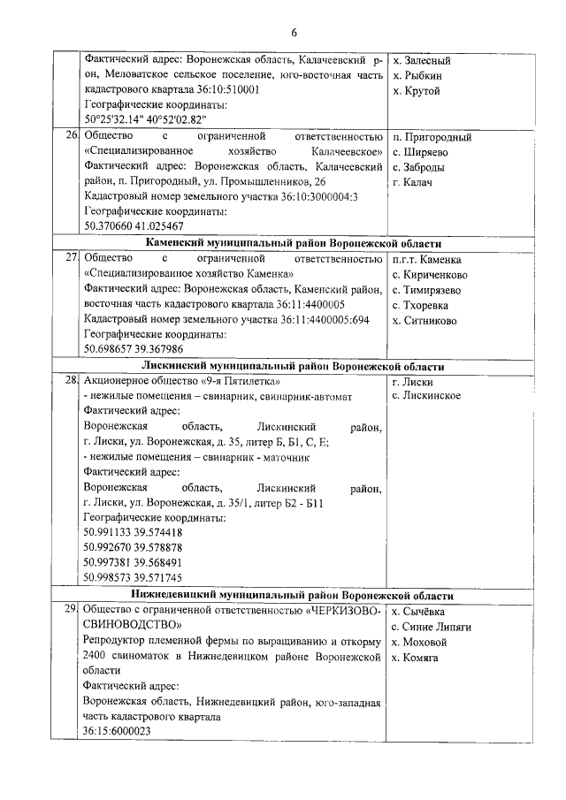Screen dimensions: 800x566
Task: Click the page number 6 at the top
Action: click(293, 33)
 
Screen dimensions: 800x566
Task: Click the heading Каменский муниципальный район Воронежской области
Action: click(293, 243)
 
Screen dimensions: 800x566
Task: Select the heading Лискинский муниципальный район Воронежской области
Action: click(293, 366)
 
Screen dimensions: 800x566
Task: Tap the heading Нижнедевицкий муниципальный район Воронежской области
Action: click(293, 595)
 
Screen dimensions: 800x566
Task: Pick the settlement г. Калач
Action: click(411, 181)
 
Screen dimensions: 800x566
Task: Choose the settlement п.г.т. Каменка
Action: click(426, 259)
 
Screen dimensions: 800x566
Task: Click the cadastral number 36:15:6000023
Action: click(117, 732)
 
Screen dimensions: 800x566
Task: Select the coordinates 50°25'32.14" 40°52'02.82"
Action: click(145, 119)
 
